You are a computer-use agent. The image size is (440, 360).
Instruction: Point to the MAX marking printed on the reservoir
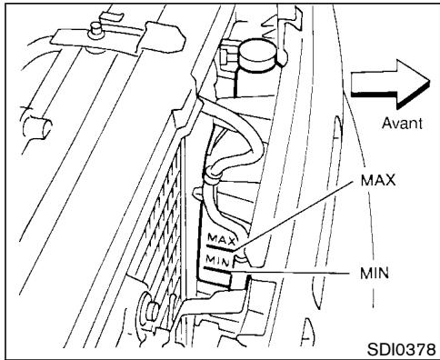coord(220,240)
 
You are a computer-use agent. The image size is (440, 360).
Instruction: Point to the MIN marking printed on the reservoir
coord(219,259)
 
